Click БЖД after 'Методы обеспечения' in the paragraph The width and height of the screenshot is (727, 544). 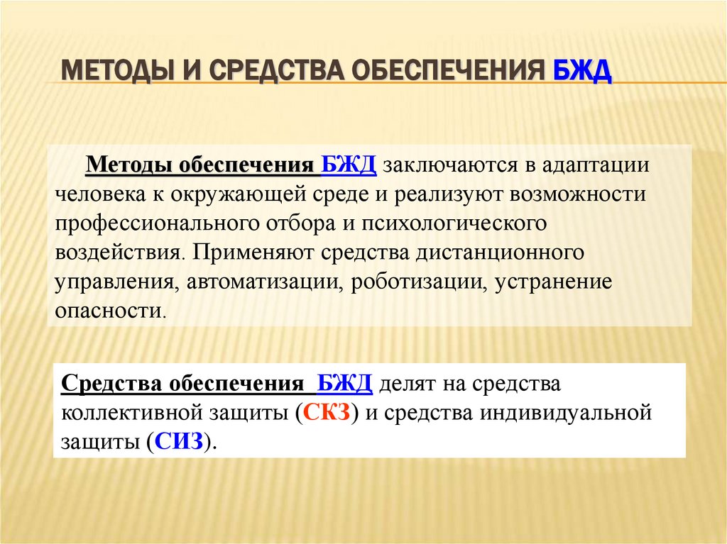pyautogui.click(x=349, y=165)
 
